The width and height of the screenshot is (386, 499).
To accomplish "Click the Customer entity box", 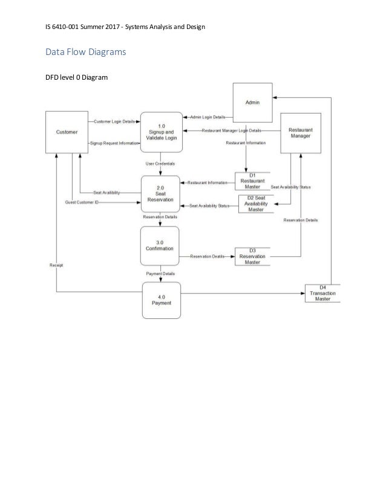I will [67, 132].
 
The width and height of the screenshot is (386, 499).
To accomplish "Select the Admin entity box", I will [252, 103].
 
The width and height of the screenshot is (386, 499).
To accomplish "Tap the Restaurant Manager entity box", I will [300, 132].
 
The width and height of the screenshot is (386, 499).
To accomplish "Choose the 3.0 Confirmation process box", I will [160, 245].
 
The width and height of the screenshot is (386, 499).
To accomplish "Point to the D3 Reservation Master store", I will [252, 257].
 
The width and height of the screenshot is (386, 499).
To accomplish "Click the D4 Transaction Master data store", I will [322, 294].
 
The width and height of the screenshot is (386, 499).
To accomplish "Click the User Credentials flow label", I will [160, 164].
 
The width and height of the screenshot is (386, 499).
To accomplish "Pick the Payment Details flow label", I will [160, 273].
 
